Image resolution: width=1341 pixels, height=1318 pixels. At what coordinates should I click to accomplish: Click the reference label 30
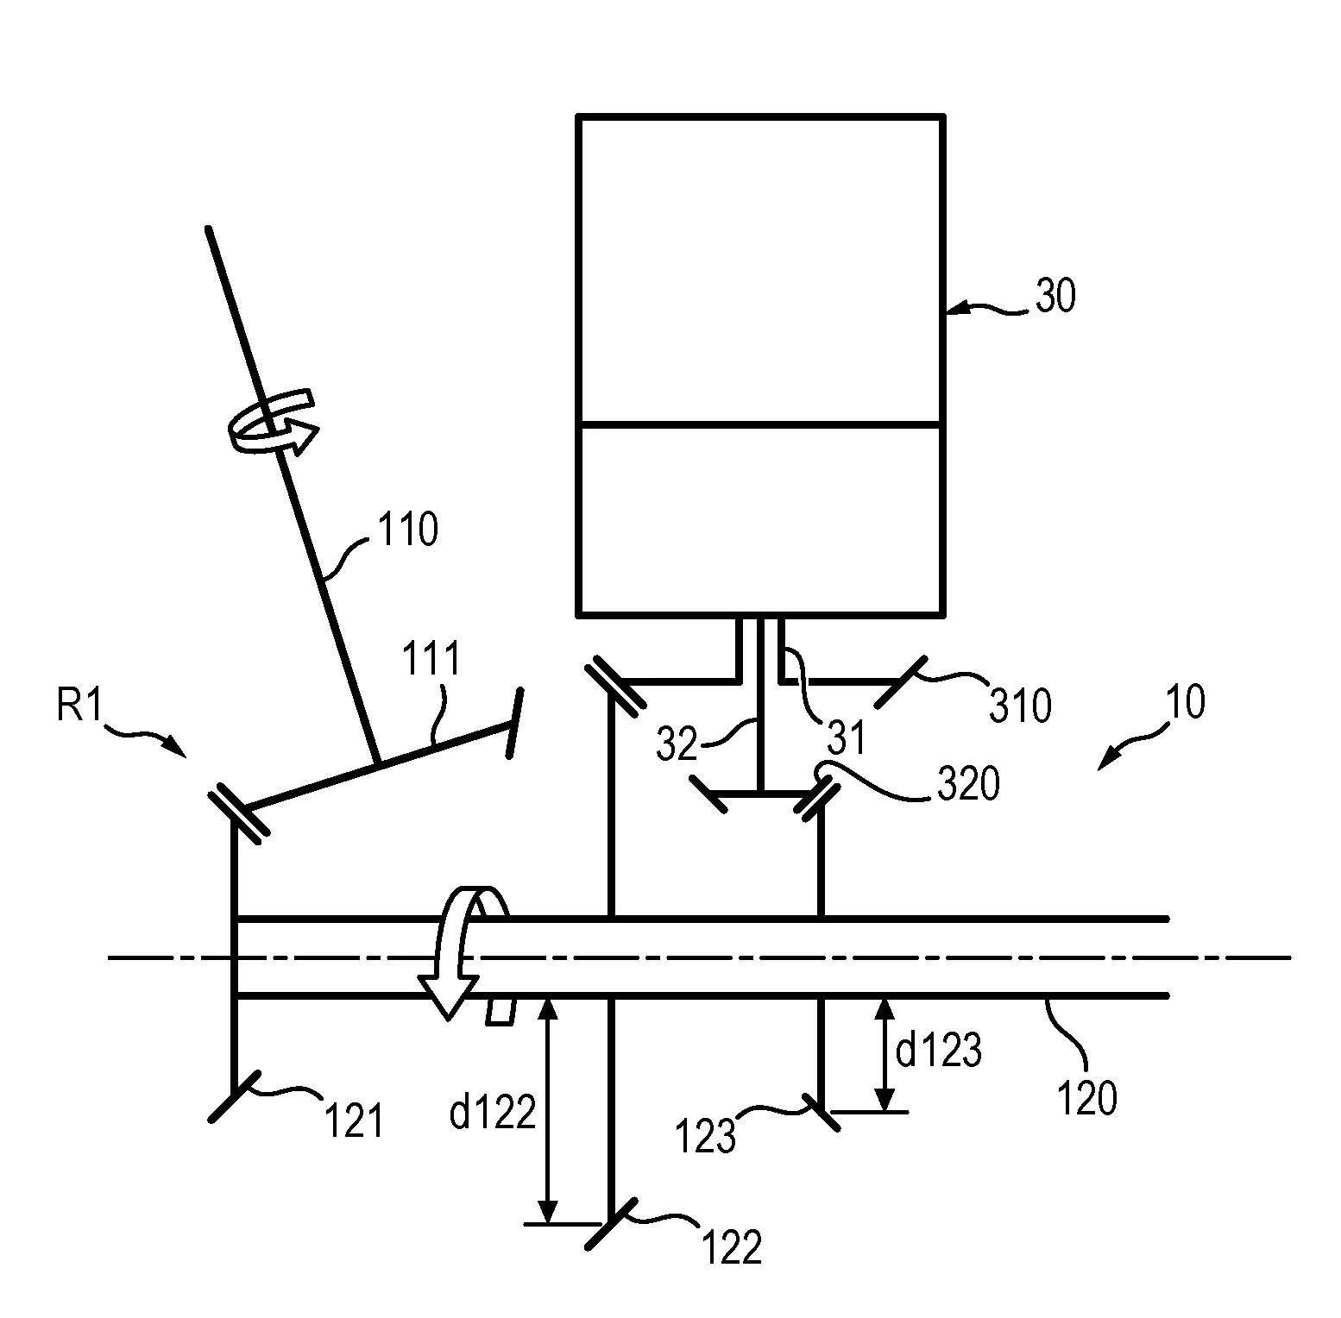[1055, 298]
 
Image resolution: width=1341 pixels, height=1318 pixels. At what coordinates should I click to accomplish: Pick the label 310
[1020, 706]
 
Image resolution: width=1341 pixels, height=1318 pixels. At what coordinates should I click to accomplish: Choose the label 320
[967, 784]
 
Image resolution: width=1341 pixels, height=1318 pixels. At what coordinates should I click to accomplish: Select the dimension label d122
[493, 1113]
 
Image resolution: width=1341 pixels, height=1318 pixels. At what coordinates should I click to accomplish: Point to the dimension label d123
[938, 1051]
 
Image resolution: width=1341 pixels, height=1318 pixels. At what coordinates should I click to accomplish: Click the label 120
[1086, 1098]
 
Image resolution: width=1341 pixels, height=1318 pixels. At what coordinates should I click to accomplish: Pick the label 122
[732, 1247]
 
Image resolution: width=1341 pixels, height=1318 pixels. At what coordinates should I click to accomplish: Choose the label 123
[706, 1137]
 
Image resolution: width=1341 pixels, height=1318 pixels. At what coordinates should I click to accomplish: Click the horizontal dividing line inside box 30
[759, 424]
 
